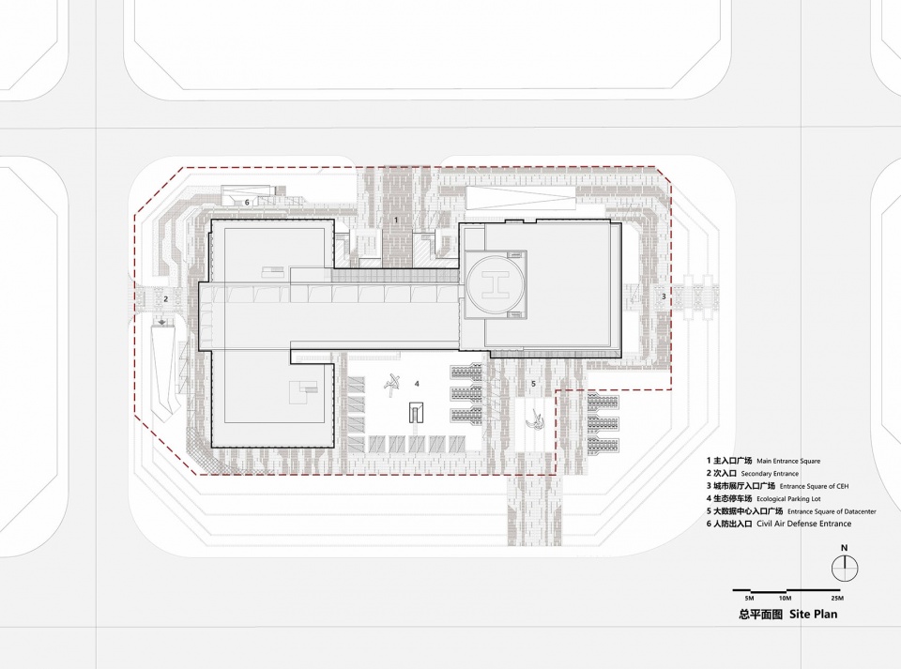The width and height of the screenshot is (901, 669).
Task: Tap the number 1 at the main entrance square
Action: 396,220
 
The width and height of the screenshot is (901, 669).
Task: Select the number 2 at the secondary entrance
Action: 166,298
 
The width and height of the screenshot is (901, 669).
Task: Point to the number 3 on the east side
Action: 664,296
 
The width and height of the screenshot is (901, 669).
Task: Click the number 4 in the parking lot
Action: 417,383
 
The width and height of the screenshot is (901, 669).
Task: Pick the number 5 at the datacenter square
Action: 533,384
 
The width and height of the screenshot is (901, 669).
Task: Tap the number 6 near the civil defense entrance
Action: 247,202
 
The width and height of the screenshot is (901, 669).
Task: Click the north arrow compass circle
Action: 844,569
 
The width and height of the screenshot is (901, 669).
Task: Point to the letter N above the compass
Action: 844,548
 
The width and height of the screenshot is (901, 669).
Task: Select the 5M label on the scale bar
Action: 749,599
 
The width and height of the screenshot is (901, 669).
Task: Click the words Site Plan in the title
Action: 813,614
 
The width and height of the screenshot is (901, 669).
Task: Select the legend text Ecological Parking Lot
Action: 788,499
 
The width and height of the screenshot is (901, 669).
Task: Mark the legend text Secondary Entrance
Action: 770,474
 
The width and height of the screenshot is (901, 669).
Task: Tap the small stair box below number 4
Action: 416,412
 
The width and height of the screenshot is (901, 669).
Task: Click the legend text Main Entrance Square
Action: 788,461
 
